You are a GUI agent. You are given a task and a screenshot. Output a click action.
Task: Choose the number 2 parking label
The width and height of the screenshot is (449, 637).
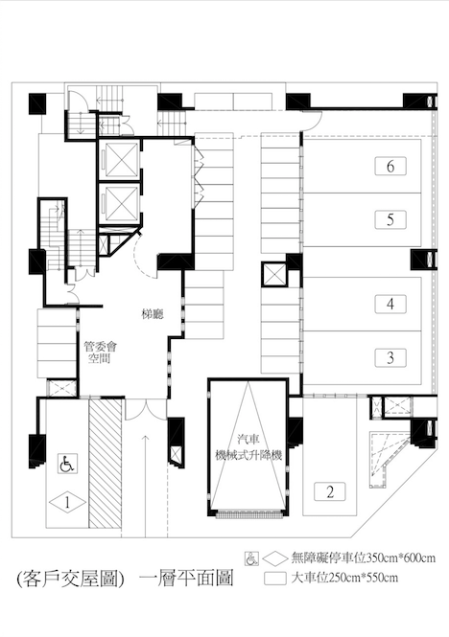point(330,491)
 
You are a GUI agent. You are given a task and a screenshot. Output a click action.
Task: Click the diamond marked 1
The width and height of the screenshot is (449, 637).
point(67,503)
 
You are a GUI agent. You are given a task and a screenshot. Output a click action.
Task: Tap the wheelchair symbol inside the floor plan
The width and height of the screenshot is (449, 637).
point(67,464)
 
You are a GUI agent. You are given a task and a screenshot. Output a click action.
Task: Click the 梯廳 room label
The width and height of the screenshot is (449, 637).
point(153,314)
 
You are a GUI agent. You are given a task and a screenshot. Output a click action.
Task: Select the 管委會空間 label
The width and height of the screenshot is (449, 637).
point(100,353)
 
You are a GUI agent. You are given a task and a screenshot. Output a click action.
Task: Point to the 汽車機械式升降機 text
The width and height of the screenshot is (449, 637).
point(248,447)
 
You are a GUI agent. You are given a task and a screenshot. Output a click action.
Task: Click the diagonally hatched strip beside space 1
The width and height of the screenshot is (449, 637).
point(105,463)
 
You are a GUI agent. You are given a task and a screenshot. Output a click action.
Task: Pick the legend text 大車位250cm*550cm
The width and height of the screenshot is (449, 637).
point(344,578)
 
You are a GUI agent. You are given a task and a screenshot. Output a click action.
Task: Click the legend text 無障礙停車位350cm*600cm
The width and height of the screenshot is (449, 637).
point(363,557)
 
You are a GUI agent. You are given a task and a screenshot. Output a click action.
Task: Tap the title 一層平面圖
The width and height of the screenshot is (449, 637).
point(186,579)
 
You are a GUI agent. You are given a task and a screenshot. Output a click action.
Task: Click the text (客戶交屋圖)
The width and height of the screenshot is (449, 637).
point(70,579)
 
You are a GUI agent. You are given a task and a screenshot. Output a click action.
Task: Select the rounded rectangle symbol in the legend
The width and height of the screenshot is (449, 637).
point(275,579)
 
